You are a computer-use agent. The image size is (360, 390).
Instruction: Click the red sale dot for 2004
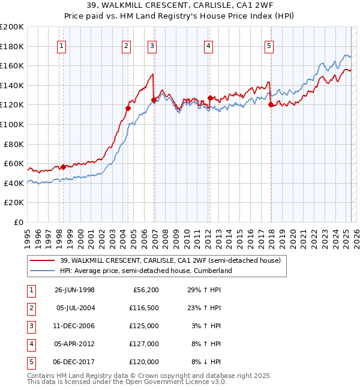pyautogui.click(x=128, y=108)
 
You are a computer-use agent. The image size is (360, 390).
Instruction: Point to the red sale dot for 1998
pyautogui.click(x=64, y=167)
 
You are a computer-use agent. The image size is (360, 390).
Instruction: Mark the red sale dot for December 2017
pyautogui.click(x=271, y=104)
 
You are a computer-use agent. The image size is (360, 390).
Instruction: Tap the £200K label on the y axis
pyautogui.click(x=12, y=27)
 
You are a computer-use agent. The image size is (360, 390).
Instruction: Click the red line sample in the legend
pyautogui.click(x=43, y=261)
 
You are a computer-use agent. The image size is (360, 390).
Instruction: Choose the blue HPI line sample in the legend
pyautogui.click(x=43, y=271)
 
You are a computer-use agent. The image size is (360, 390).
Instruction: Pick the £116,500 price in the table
pyautogui.click(x=144, y=308)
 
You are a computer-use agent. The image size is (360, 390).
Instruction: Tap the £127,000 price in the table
pyautogui.click(x=144, y=344)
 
